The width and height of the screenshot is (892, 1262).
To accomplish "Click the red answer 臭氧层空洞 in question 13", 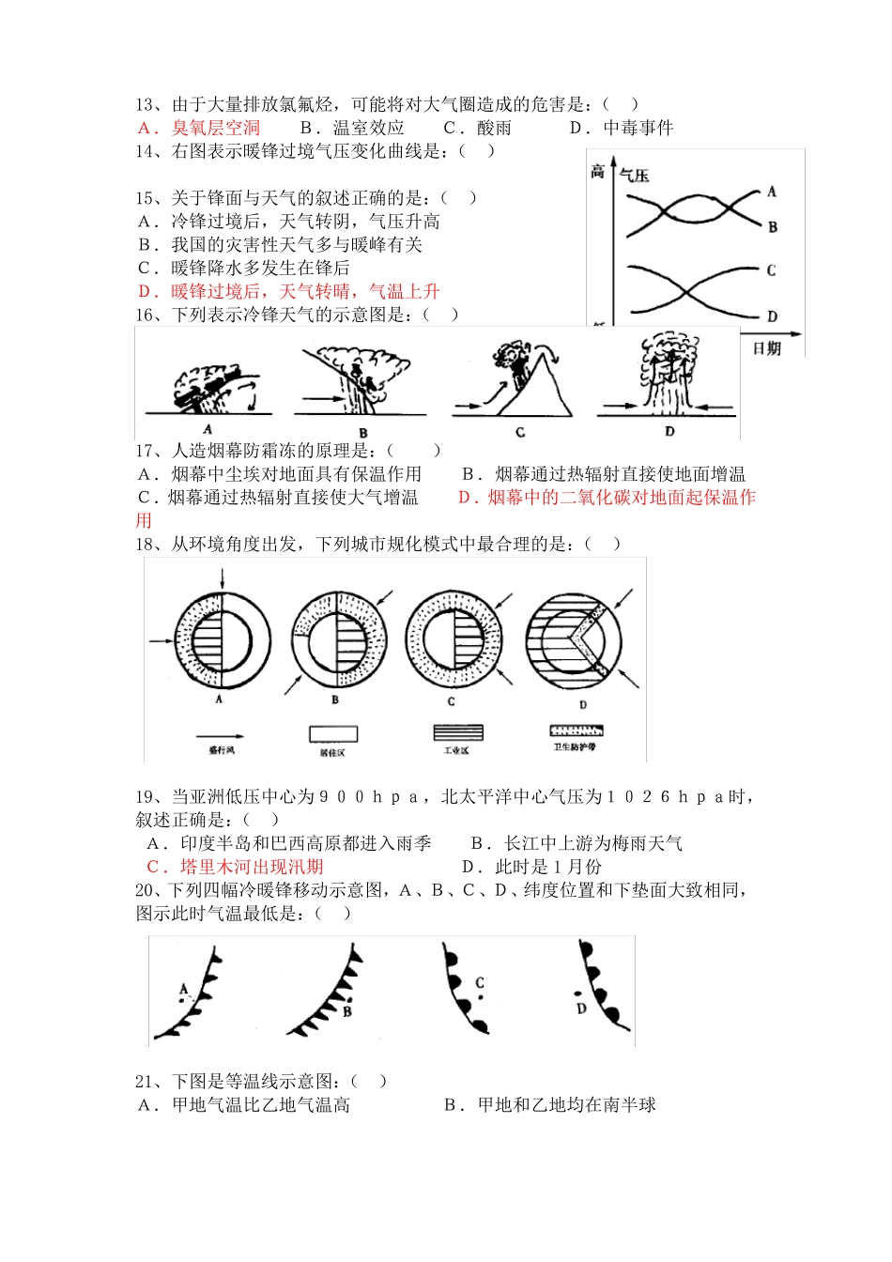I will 215,128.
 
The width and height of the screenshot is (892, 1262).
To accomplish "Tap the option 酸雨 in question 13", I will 494,128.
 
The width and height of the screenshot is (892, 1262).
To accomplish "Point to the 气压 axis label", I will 635,176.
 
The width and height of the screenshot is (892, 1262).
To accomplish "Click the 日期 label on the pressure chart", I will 766,348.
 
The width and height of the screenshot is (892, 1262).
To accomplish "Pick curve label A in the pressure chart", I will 772,192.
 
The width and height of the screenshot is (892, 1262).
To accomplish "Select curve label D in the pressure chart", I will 772,316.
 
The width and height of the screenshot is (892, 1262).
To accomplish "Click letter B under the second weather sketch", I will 363,433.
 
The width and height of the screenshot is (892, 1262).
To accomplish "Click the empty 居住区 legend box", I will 333,734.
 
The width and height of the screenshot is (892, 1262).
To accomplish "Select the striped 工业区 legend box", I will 457,732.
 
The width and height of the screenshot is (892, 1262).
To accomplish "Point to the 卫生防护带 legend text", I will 575,747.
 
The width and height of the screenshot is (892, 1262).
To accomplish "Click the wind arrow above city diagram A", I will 222,577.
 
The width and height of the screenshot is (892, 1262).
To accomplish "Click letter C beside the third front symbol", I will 480,983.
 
